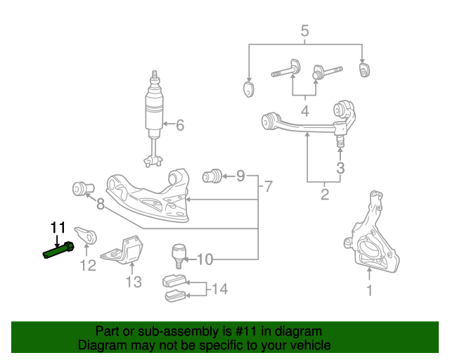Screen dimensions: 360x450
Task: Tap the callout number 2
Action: click(x=324, y=195)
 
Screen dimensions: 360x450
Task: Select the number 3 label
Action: click(x=340, y=168)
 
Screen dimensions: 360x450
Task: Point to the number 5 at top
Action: click(x=304, y=30)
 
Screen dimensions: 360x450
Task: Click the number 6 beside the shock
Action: click(x=179, y=125)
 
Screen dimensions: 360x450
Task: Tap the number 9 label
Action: click(x=240, y=175)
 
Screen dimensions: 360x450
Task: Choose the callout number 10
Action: click(x=204, y=259)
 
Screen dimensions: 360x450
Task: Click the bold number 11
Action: click(x=57, y=227)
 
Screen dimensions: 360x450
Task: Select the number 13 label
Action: click(x=134, y=282)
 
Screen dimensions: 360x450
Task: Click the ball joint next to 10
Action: click(x=176, y=253)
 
